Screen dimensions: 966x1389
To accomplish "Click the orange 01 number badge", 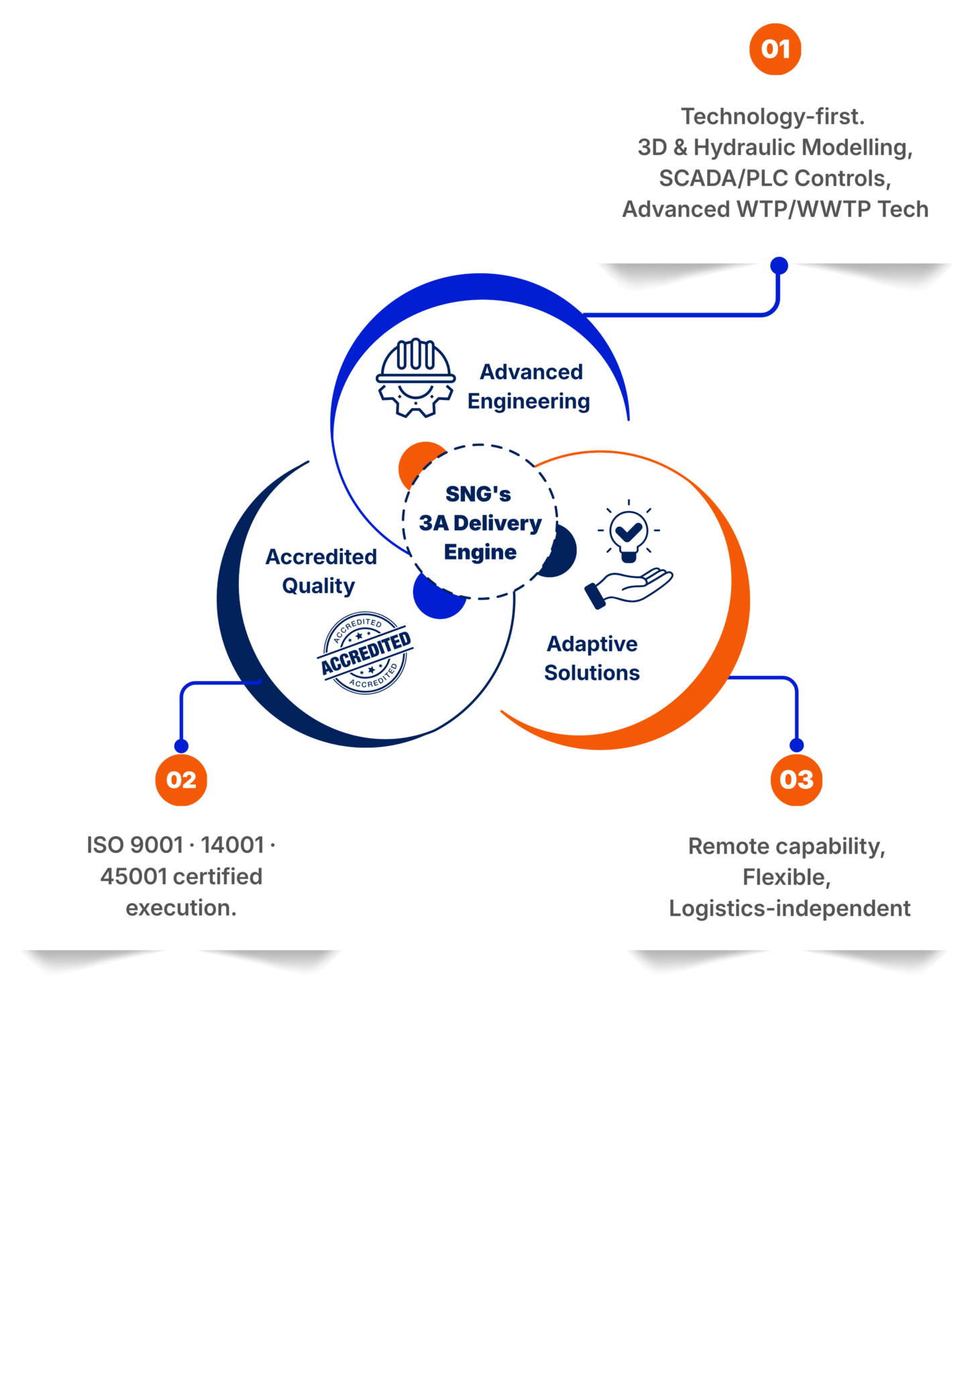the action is point(775,49).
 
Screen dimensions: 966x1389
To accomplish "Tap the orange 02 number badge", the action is point(181,780).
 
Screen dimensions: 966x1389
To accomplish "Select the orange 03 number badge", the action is point(796,780).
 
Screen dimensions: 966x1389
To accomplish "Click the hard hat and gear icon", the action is point(415,378).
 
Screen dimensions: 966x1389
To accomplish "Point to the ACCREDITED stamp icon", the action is point(366,653).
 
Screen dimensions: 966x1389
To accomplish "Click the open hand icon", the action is point(629,588).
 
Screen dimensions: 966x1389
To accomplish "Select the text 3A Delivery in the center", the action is point(480,523).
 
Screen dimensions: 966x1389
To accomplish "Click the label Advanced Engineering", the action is point(529,387).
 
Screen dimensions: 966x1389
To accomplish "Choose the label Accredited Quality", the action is point(321,571).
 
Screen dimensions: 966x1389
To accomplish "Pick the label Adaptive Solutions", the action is point(592,658).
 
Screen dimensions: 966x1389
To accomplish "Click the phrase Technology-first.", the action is point(773,117).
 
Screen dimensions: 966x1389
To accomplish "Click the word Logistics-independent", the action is point(790,909).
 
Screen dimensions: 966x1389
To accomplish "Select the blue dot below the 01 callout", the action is point(779,266).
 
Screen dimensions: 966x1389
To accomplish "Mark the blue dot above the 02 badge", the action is point(181,746).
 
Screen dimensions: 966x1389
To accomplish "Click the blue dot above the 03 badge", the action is point(796,745).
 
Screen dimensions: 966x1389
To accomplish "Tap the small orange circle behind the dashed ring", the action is point(417,463).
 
